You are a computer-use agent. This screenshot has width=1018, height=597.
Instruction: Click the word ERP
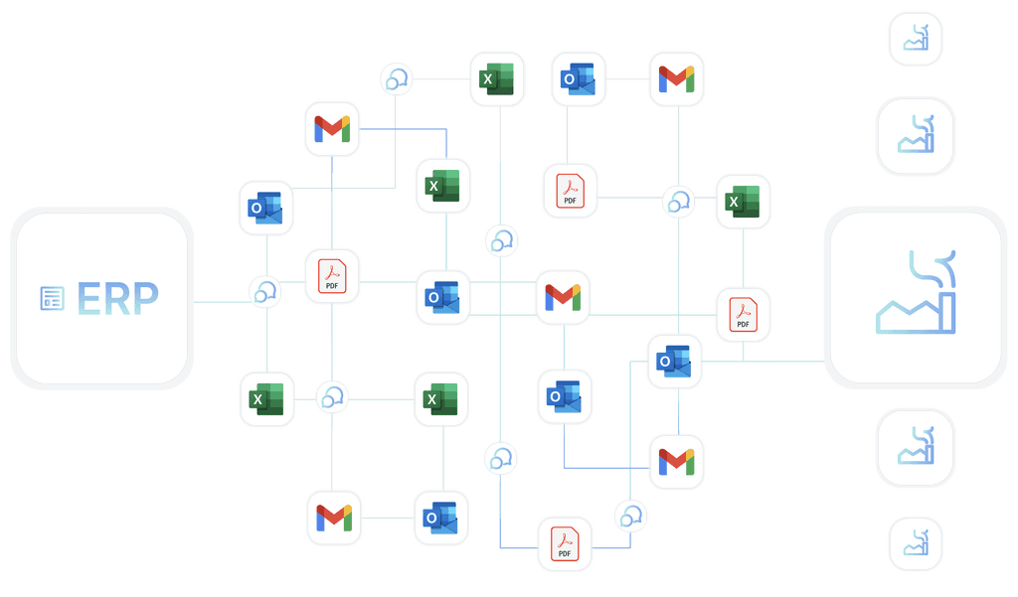(117, 298)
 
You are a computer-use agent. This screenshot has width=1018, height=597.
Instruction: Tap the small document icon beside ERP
(52, 298)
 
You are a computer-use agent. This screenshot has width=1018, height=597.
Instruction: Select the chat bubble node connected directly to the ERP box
(264, 292)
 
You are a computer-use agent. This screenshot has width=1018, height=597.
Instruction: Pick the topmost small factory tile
(915, 39)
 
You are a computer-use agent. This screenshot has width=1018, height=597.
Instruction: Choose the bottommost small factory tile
(915, 544)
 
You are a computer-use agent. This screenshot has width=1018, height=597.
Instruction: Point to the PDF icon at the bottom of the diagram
(565, 544)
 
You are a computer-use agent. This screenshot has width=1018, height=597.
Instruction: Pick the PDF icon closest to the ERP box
(331, 275)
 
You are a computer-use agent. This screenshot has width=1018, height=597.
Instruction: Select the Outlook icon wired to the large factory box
(675, 362)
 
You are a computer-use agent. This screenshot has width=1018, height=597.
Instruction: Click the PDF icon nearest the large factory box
(744, 314)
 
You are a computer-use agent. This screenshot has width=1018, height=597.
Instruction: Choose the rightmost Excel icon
(744, 203)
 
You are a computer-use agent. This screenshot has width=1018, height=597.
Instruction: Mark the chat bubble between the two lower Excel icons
(331, 398)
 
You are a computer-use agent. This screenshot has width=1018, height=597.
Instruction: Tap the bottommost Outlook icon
(440, 518)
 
